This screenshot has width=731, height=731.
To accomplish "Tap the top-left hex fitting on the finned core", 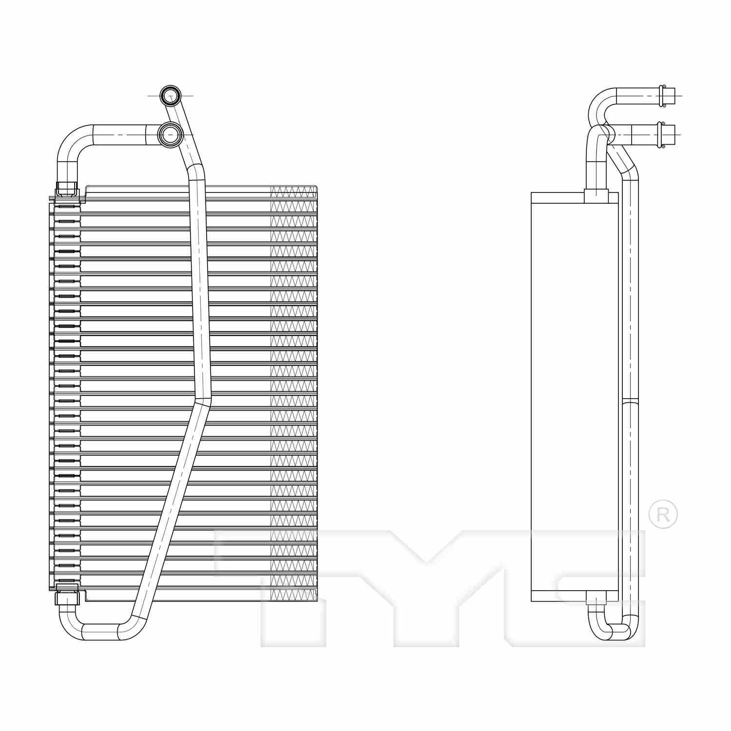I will click(x=67, y=189).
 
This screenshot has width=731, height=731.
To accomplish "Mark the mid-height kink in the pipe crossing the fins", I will click(x=203, y=401).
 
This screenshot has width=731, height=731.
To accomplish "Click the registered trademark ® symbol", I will click(x=663, y=514).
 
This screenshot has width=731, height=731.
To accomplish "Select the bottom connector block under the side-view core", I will click(x=596, y=597).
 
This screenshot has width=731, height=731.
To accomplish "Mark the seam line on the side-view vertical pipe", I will click(x=630, y=402).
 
